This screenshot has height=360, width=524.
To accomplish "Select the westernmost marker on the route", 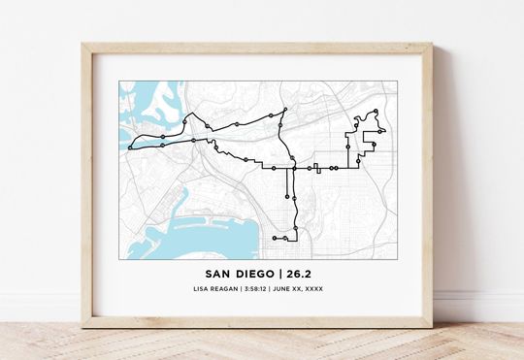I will click(x=129, y=147).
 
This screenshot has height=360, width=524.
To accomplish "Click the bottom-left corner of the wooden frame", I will click(x=84, y=325).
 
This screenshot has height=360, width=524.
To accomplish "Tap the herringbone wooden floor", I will click(x=262, y=344).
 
